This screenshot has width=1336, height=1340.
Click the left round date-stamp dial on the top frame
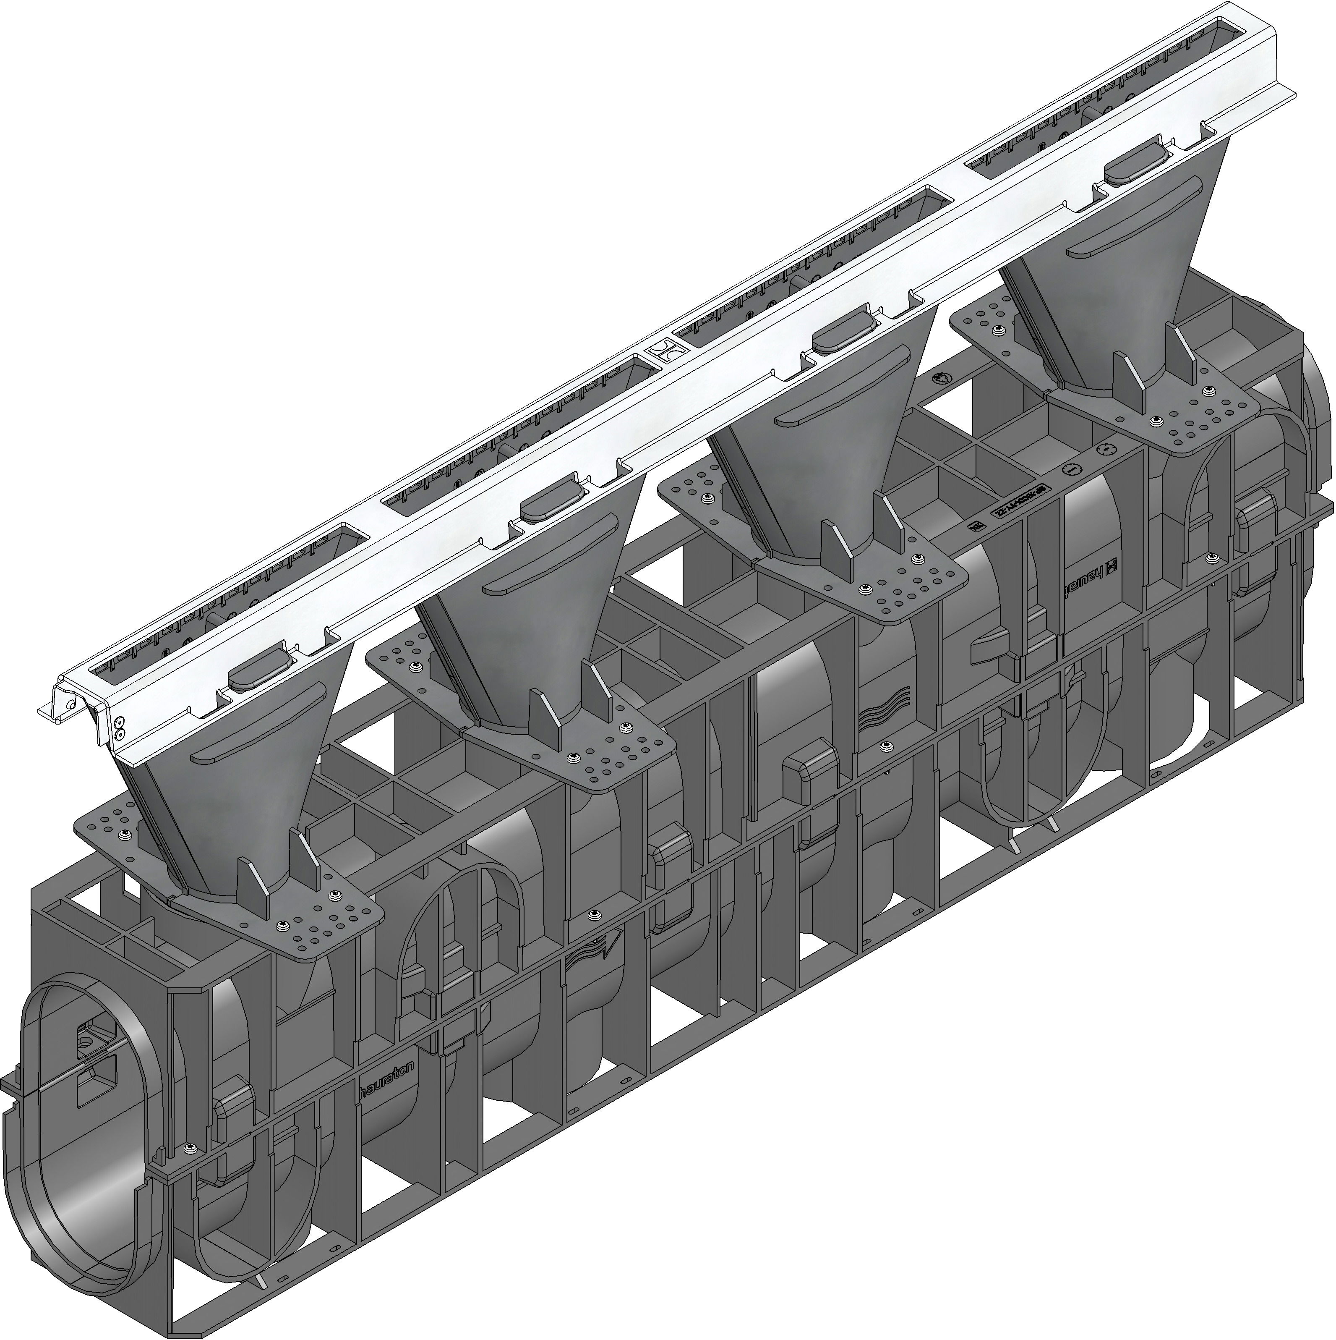point(1071,470)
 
